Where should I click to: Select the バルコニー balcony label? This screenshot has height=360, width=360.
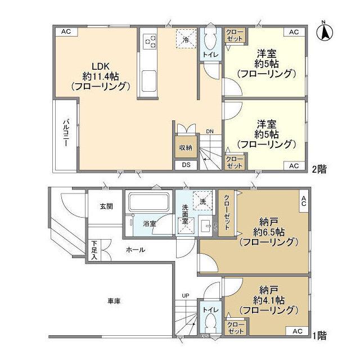(x=65, y=132)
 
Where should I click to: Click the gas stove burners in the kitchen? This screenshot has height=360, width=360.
(x=150, y=41)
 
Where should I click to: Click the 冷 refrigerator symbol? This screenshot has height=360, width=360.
(x=186, y=39)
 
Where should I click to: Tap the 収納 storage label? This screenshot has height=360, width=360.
(x=186, y=147)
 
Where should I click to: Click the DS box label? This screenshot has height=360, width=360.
(x=186, y=165)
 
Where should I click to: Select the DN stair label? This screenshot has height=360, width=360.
(x=209, y=132)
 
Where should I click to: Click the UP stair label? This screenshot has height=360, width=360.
(x=185, y=295)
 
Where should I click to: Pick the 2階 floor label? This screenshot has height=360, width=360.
(x=320, y=167)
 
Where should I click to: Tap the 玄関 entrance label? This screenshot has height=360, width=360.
(x=107, y=206)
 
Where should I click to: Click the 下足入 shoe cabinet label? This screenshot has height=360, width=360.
(x=94, y=250)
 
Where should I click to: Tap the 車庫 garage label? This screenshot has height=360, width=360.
(x=114, y=301)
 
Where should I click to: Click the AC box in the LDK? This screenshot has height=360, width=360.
(x=65, y=32)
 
